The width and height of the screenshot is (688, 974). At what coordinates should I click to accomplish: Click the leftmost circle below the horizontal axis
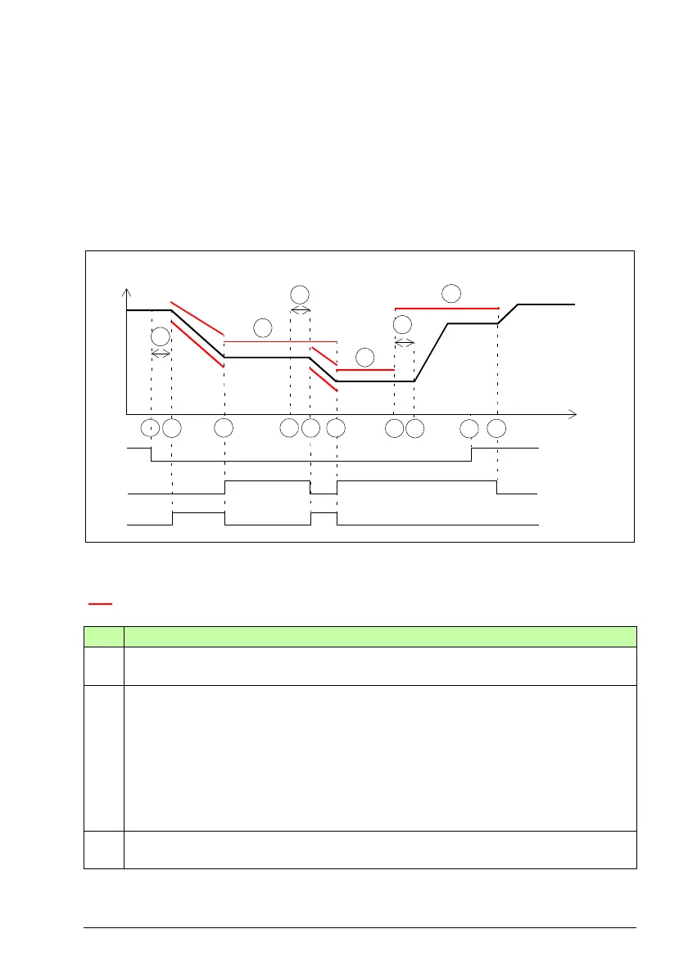tap(150, 427)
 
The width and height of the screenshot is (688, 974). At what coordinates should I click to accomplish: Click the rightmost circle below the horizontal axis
tap(497, 427)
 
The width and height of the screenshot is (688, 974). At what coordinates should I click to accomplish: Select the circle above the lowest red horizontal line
tap(365, 357)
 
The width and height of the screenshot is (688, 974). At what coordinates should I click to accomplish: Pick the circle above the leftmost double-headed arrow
tap(161, 336)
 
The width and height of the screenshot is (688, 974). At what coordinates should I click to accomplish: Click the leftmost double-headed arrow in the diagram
tap(161, 353)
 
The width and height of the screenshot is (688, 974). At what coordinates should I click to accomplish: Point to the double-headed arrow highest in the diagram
tap(301, 311)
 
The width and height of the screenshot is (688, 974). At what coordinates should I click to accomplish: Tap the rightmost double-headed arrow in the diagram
tap(404, 341)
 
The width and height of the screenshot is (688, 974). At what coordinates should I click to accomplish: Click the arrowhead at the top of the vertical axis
tap(126, 293)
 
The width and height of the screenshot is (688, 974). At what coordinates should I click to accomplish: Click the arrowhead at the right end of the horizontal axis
tap(573, 414)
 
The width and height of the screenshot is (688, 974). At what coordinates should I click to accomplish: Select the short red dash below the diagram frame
tap(100, 606)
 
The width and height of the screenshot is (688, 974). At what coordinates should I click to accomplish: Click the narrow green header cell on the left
tap(104, 637)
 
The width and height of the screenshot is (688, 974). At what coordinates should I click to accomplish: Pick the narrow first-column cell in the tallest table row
tap(104, 758)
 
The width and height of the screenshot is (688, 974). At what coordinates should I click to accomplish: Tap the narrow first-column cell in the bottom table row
tap(104, 850)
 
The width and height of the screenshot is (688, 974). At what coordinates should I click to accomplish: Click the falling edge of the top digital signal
tap(152, 454)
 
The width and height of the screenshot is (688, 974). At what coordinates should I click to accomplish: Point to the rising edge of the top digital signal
tap(471, 454)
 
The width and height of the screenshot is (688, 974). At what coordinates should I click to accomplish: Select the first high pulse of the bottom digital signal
tap(198, 512)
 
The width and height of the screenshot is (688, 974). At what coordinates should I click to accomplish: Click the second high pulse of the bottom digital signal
tap(324, 512)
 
